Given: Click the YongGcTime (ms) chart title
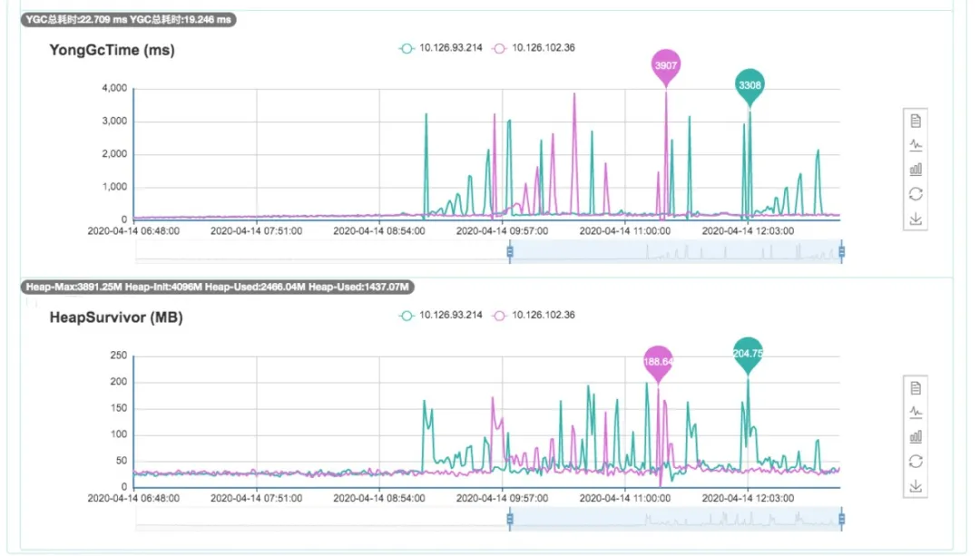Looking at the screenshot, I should pos(112,51).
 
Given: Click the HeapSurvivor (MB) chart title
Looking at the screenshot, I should pos(116,317).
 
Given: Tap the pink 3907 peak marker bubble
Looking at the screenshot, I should pos(666,65).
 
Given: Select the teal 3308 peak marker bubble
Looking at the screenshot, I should pos(750,85).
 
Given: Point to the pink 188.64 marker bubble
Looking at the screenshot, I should pos(658,361).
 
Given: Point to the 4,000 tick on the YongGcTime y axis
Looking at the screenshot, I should pos(114,89).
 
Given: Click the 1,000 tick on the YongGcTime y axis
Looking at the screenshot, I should pos(114,188).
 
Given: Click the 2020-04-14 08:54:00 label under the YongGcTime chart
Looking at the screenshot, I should pos(379,231).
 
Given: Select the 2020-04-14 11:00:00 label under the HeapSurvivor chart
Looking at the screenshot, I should pos(625,498).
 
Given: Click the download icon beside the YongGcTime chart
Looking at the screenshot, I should pos(916,218).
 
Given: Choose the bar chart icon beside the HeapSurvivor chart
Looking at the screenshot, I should pos(916,436).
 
